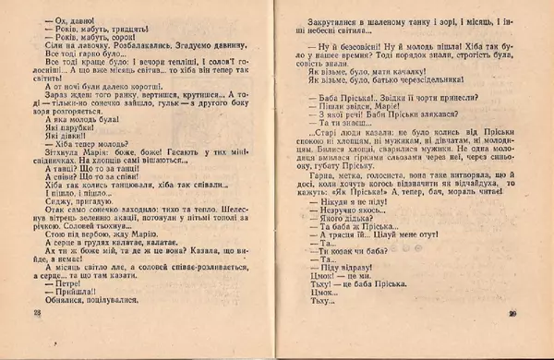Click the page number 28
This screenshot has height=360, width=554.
pyautogui.click(x=38, y=340)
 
